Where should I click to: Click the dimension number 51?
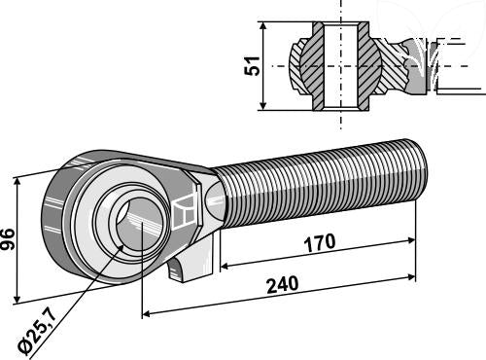(252, 66)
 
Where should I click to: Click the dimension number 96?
(8, 239)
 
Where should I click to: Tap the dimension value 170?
(320, 242)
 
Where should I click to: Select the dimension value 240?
(282, 284)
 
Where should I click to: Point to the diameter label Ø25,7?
(38, 333)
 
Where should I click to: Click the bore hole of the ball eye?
(136, 224)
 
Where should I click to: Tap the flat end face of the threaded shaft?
(422, 168)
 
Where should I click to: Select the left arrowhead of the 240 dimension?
(147, 313)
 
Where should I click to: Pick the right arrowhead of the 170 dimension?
(411, 240)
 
